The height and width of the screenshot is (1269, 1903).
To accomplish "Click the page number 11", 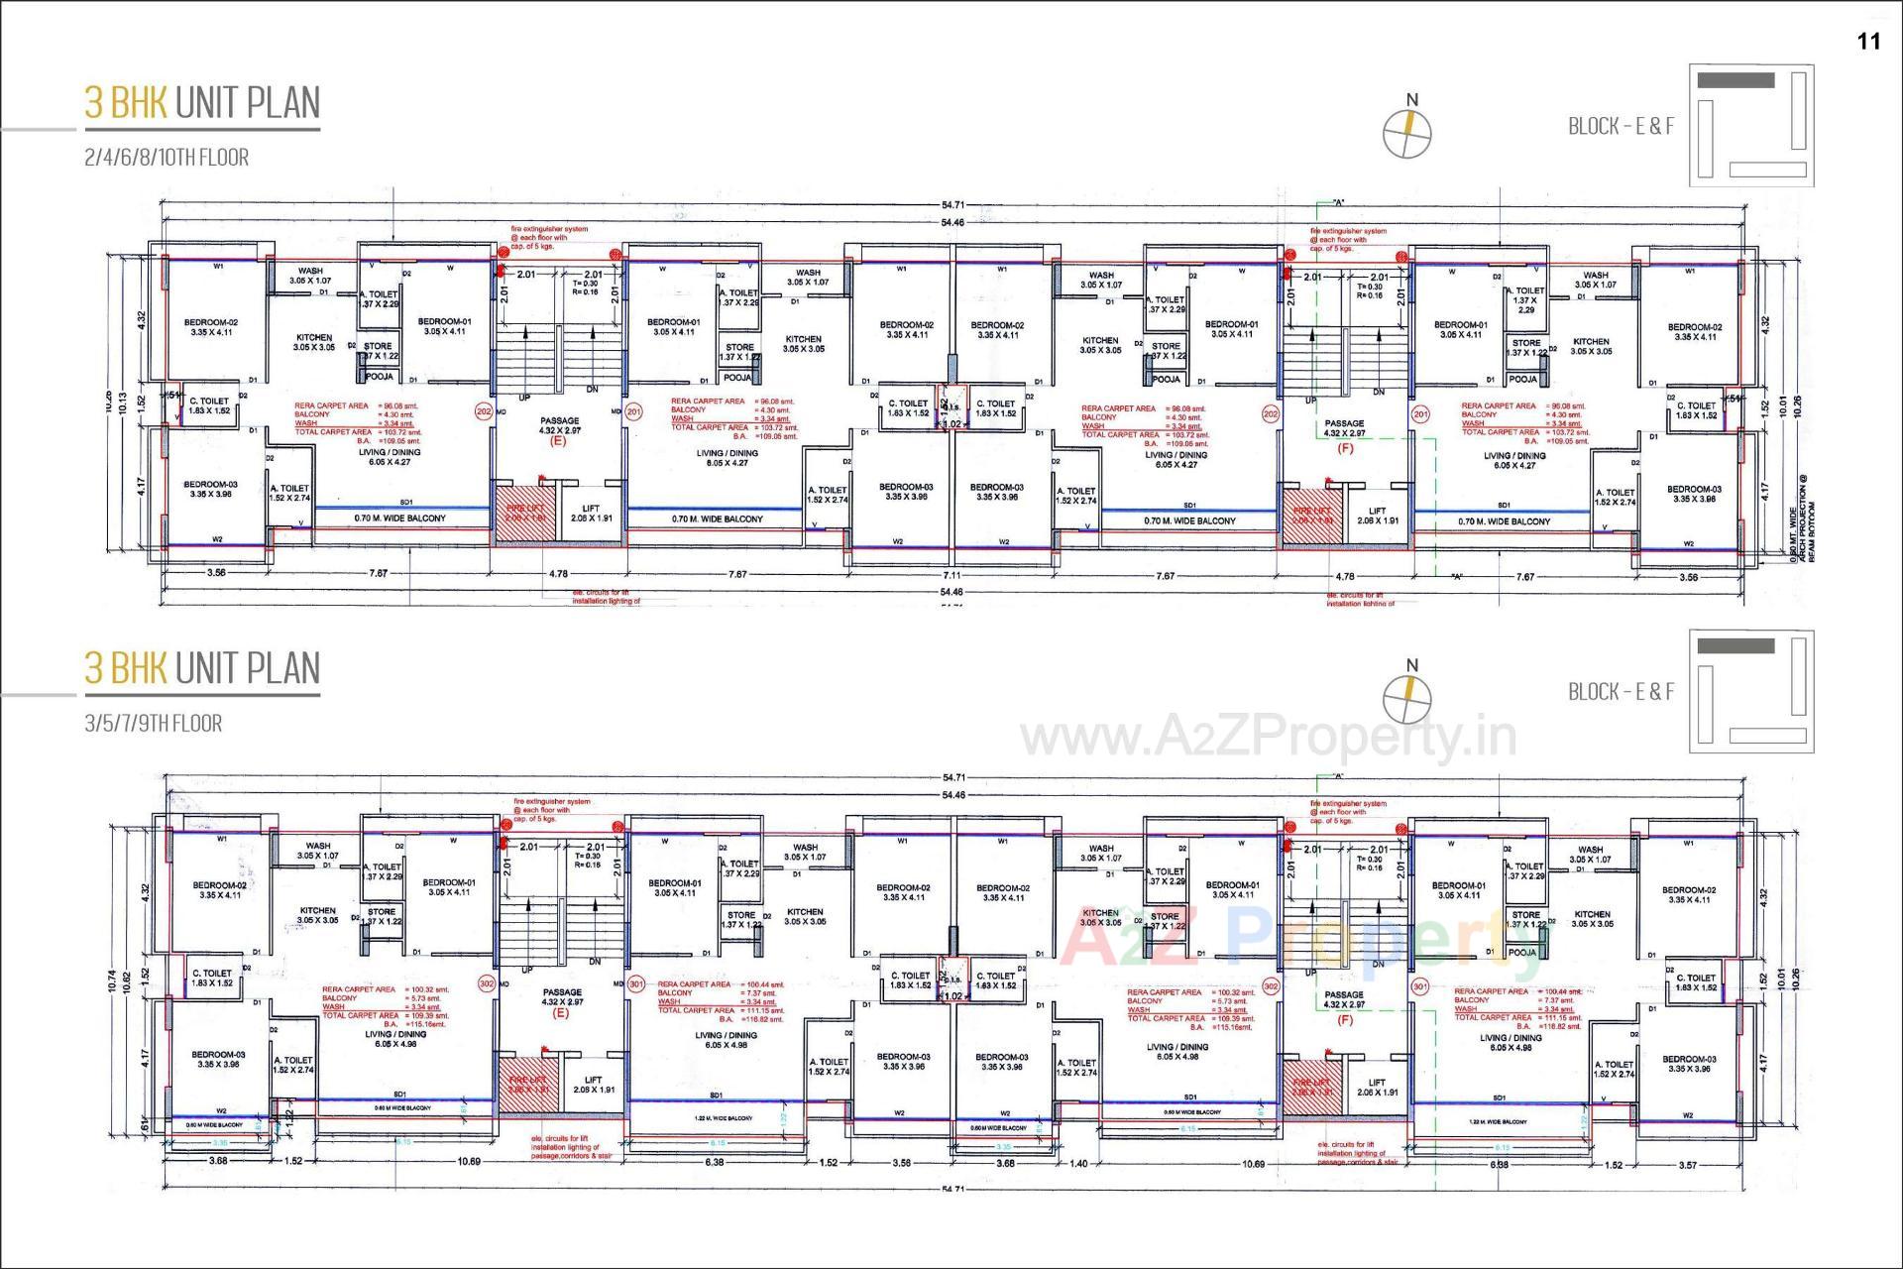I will pyautogui.click(x=1868, y=42).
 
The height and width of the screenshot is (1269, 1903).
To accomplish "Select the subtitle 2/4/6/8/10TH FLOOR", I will pyautogui.click(x=167, y=158).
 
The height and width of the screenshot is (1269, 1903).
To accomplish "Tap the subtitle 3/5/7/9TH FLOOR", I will pyautogui.click(x=154, y=724).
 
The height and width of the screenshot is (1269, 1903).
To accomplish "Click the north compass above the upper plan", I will pyautogui.click(x=1408, y=132).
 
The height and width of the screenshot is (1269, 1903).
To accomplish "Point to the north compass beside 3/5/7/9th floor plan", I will pyautogui.click(x=1408, y=698).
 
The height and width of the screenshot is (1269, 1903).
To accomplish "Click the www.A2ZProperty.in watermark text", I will pyautogui.click(x=1269, y=737).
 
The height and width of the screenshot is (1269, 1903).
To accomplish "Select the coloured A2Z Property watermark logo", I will pyautogui.click(x=1298, y=937).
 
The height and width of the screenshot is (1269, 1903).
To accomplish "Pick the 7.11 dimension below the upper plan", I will pyautogui.click(x=951, y=575).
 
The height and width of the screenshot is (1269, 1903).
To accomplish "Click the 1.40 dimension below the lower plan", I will pyautogui.click(x=1078, y=1164).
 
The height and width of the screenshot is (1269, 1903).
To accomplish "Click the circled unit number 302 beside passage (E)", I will pyautogui.click(x=487, y=983).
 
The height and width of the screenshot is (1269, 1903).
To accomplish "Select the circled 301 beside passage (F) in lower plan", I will pyautogui.click(x=1420, y=986).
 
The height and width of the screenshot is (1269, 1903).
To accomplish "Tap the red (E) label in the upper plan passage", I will pyautogui.click(x=558, y=442).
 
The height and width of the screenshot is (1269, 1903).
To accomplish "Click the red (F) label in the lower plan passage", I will pyautogui.click(x=1345, y=1019).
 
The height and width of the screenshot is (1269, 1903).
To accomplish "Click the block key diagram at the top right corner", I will pyautogui.click(x=1750, y=126).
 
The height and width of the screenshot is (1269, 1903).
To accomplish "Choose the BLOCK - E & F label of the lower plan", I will pyautogui.click(x=1621, y=692).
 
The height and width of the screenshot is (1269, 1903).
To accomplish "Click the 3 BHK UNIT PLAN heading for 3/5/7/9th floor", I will pyautogui.click(x=202, y=669).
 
